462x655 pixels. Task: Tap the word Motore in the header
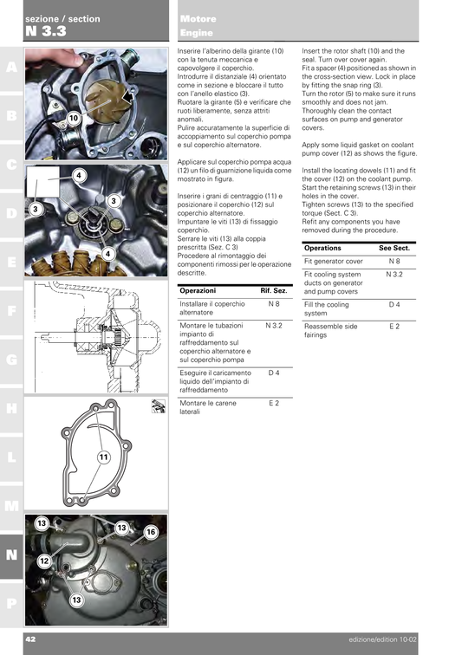198,18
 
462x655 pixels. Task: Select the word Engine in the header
197,33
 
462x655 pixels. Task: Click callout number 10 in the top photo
74,117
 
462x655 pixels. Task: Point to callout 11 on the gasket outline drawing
103,457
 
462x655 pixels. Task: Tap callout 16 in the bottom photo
150,531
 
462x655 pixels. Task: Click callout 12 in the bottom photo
44,561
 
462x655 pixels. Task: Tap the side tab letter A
10,67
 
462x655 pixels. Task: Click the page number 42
29,639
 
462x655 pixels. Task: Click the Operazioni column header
198,291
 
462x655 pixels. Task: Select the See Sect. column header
394,248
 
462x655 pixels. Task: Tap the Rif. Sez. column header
273,291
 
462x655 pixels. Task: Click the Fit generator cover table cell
333,261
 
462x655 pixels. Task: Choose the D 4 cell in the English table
394,305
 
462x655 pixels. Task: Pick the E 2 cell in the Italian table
274,404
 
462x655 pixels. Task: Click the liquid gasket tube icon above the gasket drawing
158,405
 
